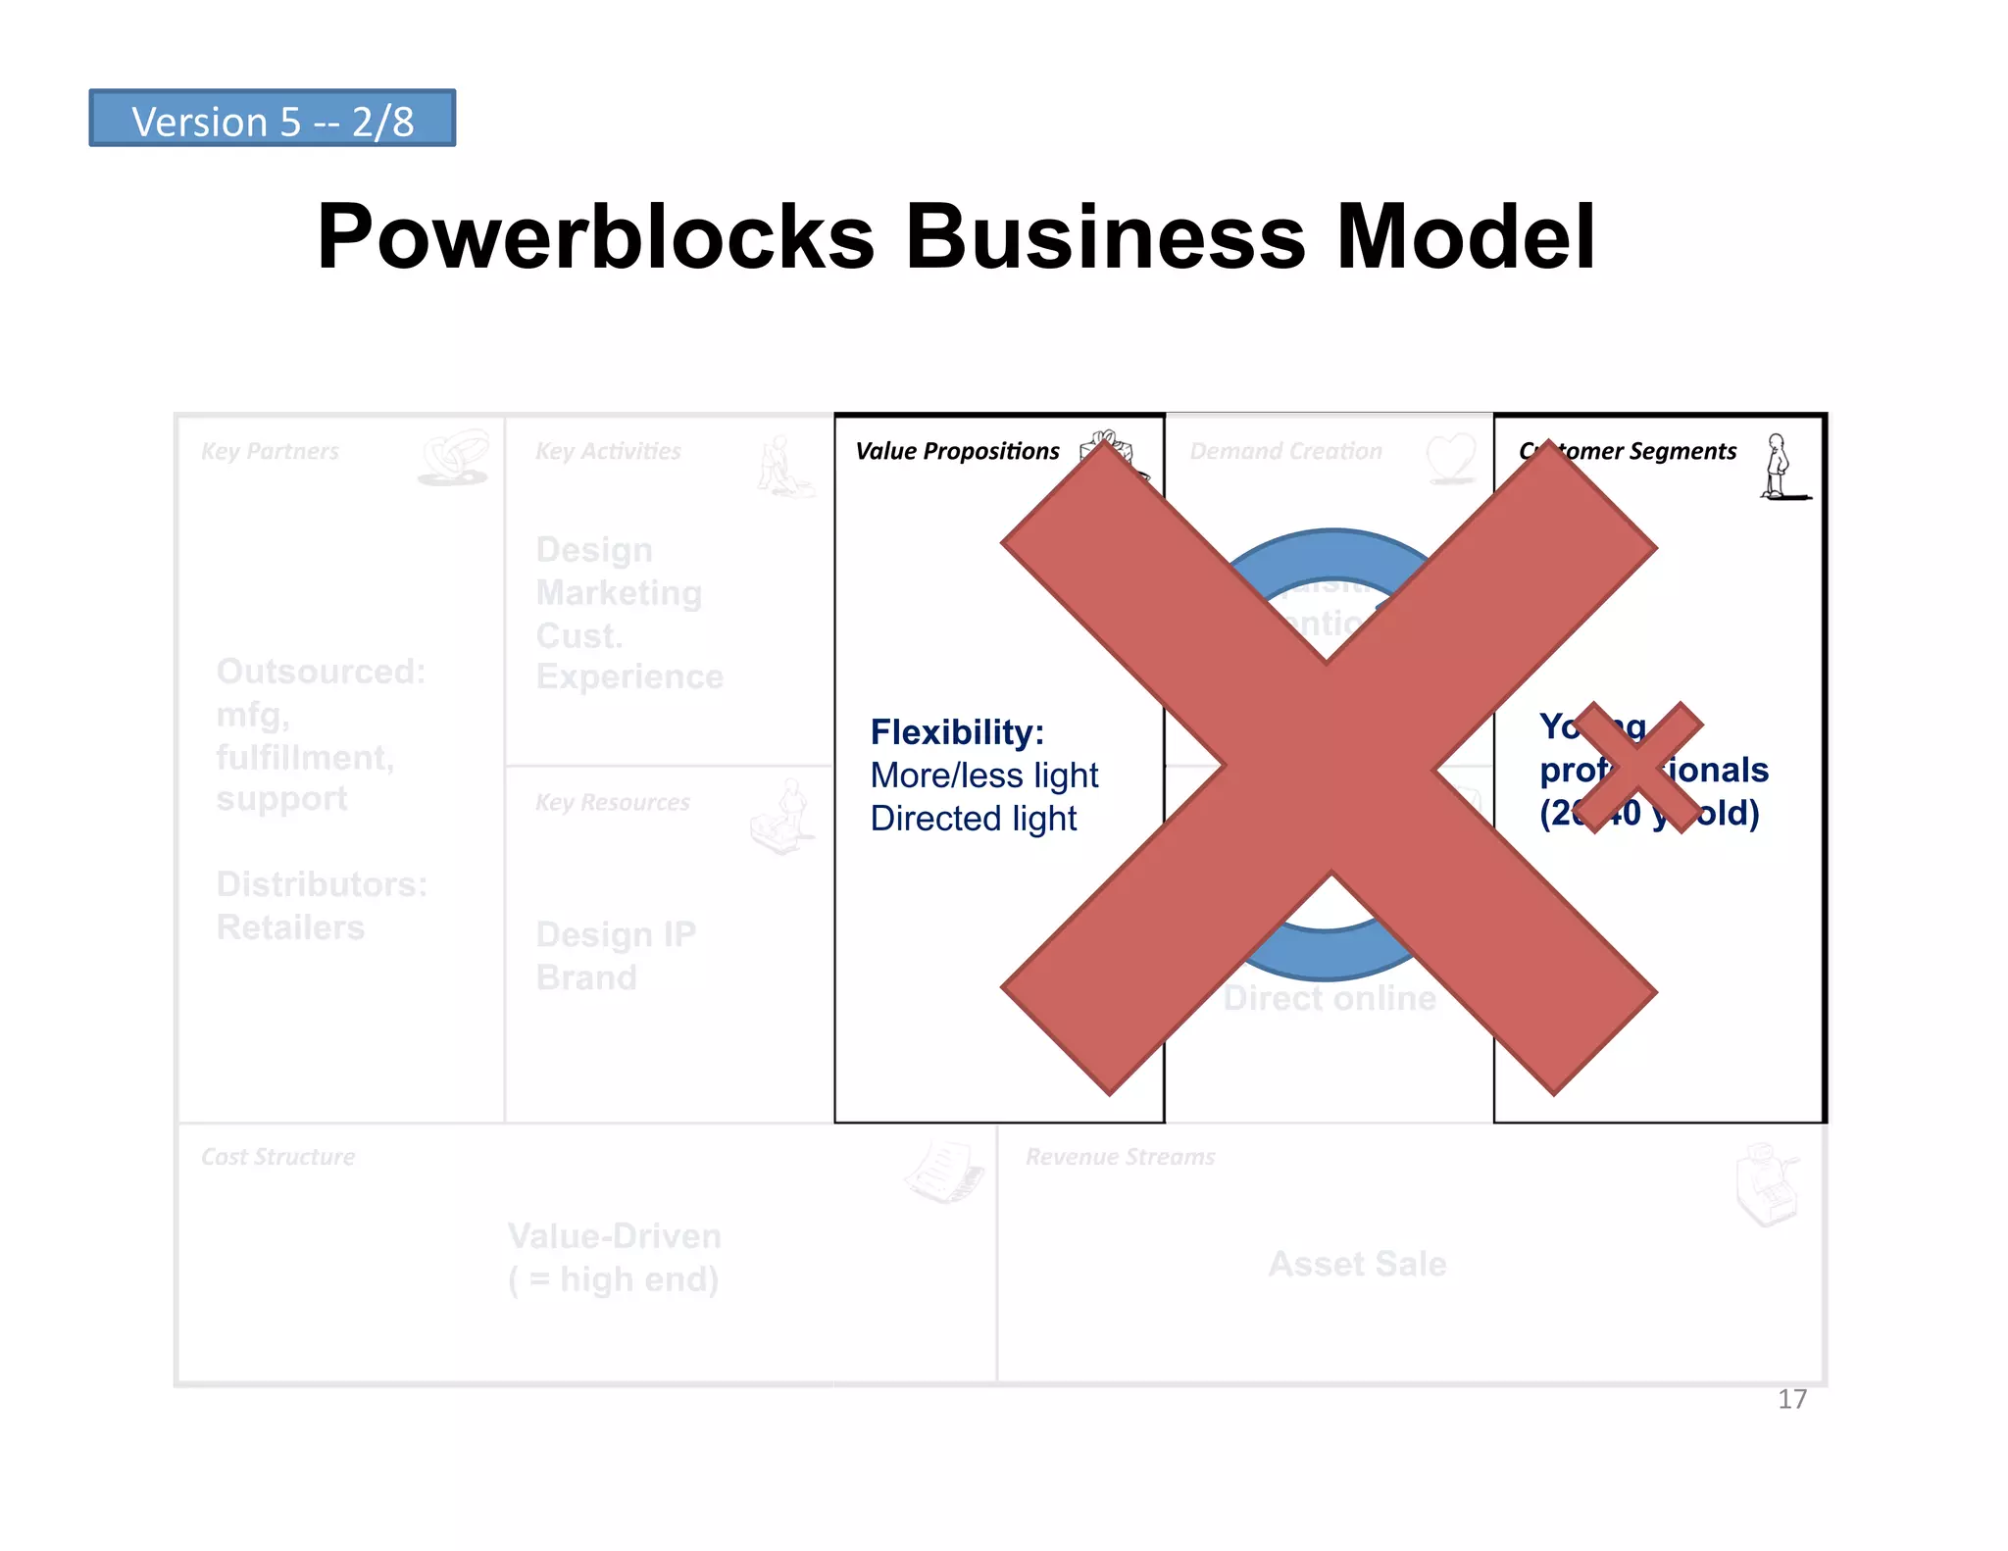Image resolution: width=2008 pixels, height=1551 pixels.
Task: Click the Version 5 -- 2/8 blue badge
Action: pyautogui.click(x=272, y=120)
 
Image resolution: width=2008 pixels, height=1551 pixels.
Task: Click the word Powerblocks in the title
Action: pyautogui.click(x=595, y=236)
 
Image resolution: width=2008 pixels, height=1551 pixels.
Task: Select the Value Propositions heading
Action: pyautogui.click(x=957, y=451)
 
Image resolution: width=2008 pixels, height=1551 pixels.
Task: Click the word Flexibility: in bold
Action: pyautogui.click(x=957, y=732)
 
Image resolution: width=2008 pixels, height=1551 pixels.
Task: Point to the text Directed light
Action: pyautogui.click(x=973, y=819)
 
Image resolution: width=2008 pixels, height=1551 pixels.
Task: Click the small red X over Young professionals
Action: pyautogui.click(x=1639, y=768)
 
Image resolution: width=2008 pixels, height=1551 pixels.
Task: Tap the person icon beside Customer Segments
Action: pyautogui.click(x=1778, y=467)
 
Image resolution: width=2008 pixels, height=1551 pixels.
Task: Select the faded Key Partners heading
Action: pyautogui.click(x=270, y=451)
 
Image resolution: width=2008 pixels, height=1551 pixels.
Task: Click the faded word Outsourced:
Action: pyautogui.click(x=321, y=672)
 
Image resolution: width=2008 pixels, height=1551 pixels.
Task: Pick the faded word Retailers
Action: pyautogui.click(x=290, y=927)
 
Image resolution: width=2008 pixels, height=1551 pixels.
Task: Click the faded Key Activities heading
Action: pyautogui.click(x=608, y=451)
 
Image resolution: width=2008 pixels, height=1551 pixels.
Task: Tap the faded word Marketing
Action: pyautogui.click(x=619, y=593)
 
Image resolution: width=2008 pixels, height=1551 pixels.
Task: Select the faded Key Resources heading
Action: pyautogui.click(x=612, y=802)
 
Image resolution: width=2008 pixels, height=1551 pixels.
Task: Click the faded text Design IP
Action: pyautogui.click(x=616, y=934)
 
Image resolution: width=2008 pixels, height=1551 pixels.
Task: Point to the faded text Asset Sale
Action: pyautogui.click(x=1357, y=1264)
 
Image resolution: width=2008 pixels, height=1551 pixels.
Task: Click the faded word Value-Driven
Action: pyautogui.click(x=614, y=1236)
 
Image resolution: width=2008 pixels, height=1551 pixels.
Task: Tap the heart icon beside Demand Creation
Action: pyautogui.click(x=1450, y=457)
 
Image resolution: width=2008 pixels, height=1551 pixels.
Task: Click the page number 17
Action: pyautogui.click(x=1791, y=1399)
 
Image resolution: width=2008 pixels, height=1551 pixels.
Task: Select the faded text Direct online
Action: pyautogui.click(x=1329, y=998)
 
